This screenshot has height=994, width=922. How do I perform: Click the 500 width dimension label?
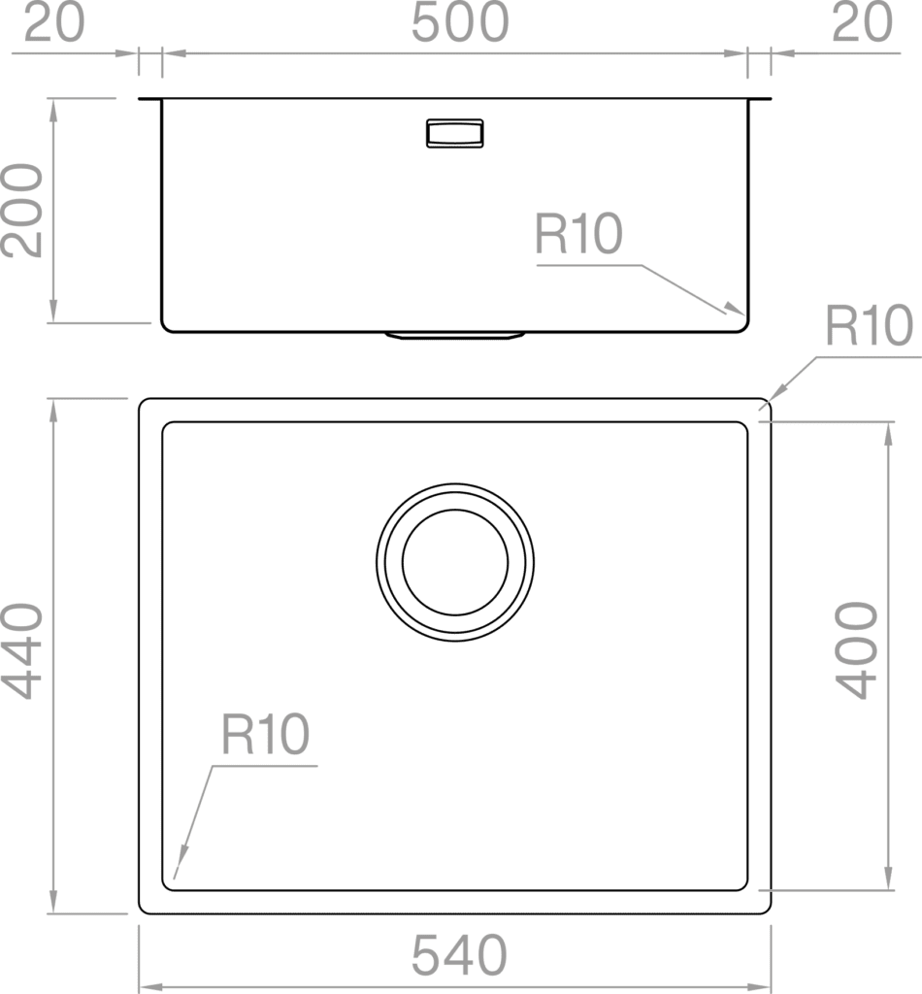[460, 23]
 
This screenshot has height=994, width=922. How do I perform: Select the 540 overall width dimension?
[459, 955]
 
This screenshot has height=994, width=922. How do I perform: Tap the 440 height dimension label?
[23, 651]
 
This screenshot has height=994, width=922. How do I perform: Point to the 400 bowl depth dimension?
[856, 650]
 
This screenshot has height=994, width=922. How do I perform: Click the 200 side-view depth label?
[23, 211]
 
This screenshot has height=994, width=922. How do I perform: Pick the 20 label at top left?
[53, 23]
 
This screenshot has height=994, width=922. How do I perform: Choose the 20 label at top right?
[862, 23]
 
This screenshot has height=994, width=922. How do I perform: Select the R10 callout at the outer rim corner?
[869, 325]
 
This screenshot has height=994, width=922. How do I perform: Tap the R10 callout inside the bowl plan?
[265, 734]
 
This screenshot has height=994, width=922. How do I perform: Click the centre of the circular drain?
[455, 562]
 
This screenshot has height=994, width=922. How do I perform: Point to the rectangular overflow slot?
[455, 133]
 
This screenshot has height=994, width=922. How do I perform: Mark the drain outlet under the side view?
[455, 335]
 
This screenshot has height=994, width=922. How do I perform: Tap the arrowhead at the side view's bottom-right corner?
[735, 309]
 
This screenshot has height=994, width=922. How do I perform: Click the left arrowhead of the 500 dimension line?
[175, 53]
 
